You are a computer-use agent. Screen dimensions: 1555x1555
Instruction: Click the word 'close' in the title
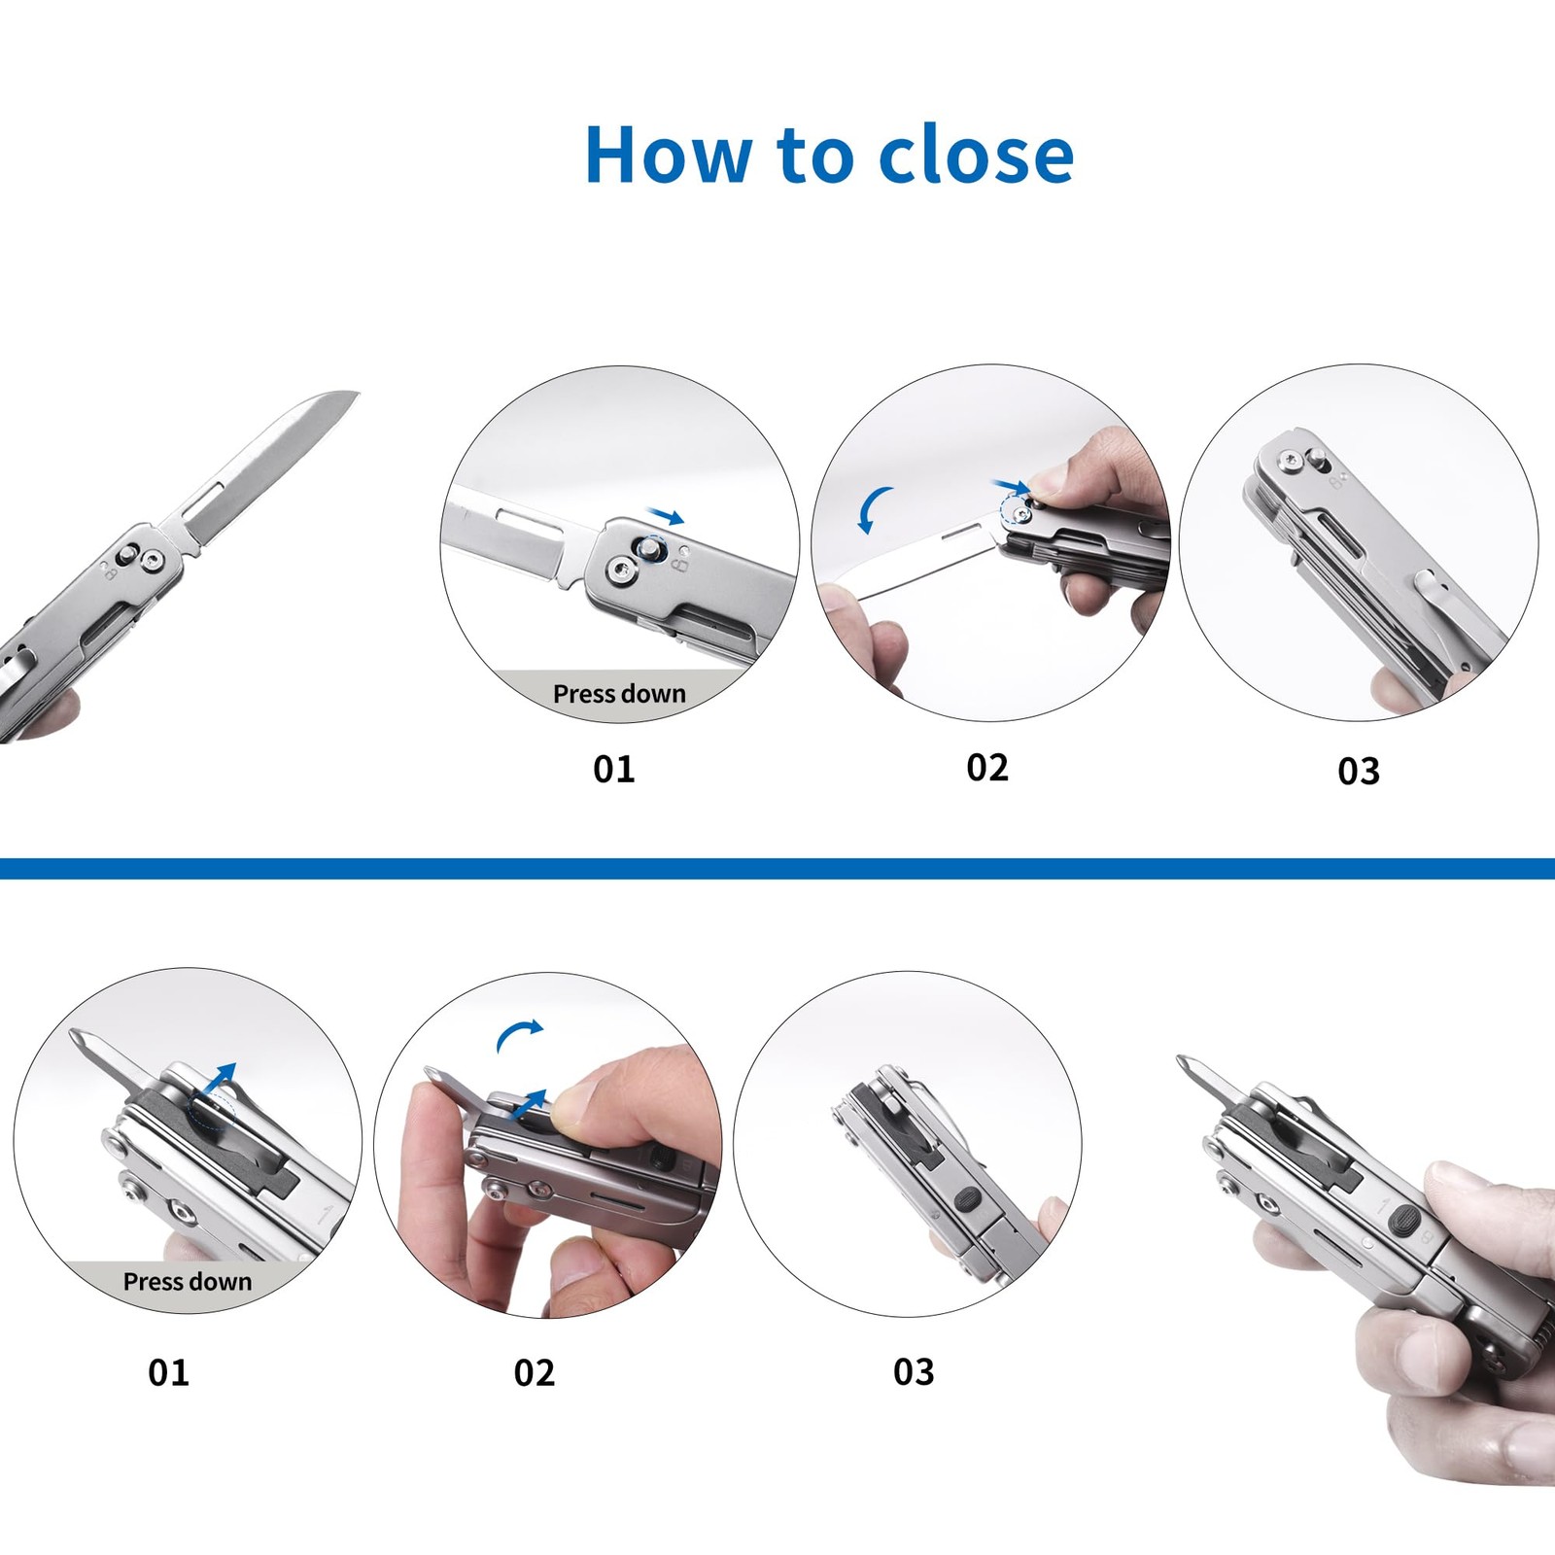coord(977,155)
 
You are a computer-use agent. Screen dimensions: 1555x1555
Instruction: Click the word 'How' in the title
coord(669,155)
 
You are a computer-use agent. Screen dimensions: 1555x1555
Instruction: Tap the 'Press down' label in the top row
coord(619,694)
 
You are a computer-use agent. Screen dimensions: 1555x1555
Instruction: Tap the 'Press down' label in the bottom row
coord(188,1282)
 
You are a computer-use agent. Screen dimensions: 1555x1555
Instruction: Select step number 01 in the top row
coord(614,770)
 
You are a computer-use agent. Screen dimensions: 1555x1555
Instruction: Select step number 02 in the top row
coord(987,768)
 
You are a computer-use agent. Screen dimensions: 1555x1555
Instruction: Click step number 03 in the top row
coord(1359,772)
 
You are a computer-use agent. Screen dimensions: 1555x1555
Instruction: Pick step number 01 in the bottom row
coord(168,1372)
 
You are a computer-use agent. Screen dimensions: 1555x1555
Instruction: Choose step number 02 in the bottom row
coord(535,1372)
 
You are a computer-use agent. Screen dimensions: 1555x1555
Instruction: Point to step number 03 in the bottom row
coord(914,1371)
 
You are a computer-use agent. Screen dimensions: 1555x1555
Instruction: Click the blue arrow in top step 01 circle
coord(667,515)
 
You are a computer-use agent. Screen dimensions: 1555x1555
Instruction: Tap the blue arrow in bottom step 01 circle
coord(221,1079)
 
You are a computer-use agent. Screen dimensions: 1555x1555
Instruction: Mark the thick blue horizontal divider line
coord(777,868)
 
